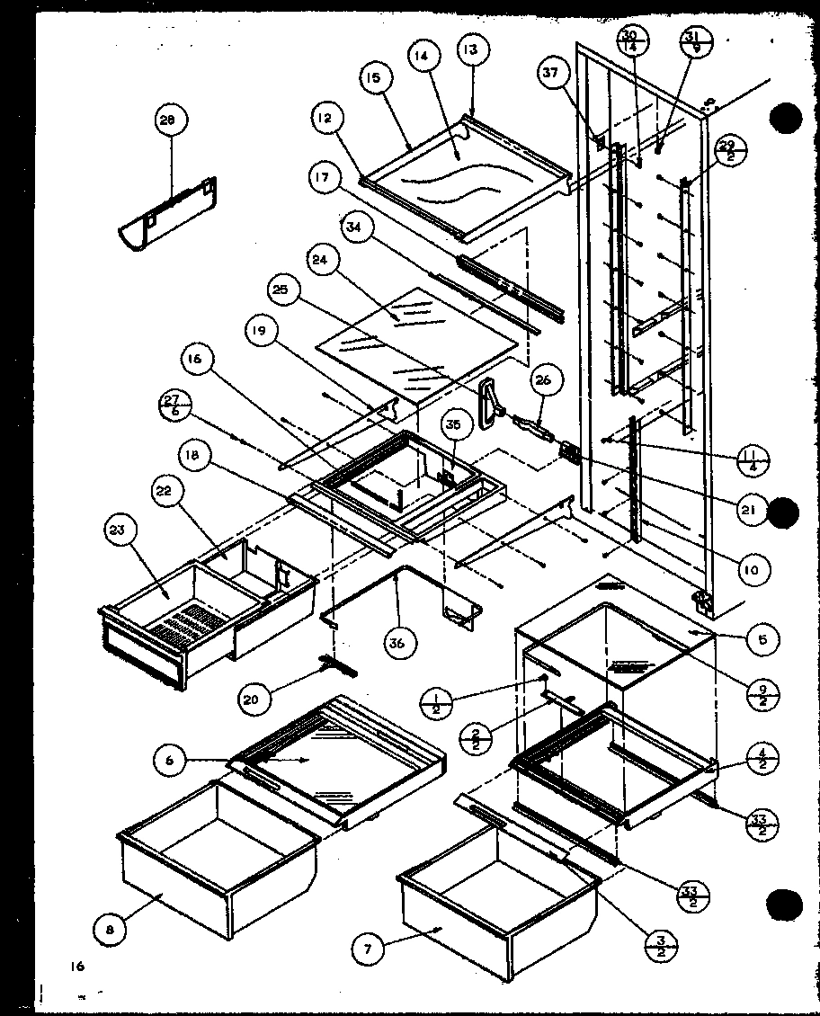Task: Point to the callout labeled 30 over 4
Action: (x=628, y=43)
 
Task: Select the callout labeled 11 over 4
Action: (x=753, y=457)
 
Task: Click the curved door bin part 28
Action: (x=168, y=213)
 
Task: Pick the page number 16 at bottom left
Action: (x=79, y=967)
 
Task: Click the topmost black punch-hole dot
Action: (x=786, y=120)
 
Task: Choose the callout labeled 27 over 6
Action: (x=173, y=405)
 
